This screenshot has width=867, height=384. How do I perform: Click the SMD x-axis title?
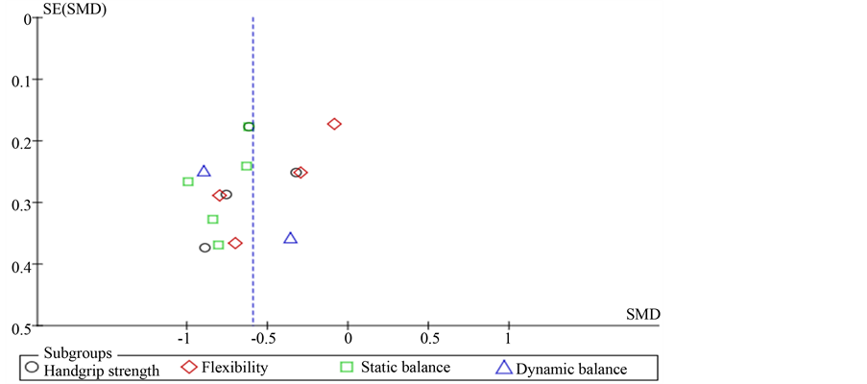[642, 314]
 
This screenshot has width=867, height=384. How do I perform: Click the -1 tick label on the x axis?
[186, 339]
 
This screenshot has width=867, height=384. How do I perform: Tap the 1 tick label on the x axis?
[509, 339]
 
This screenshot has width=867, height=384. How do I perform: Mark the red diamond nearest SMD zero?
[334, 124]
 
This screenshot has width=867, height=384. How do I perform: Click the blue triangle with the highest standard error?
[291, 238]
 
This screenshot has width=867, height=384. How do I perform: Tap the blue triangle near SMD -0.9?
[204, 172]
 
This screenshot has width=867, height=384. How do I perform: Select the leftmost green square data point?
[188, 181]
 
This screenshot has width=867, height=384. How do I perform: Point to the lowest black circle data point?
[205, 248]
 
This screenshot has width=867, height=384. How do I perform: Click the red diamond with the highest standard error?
[235, 244]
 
